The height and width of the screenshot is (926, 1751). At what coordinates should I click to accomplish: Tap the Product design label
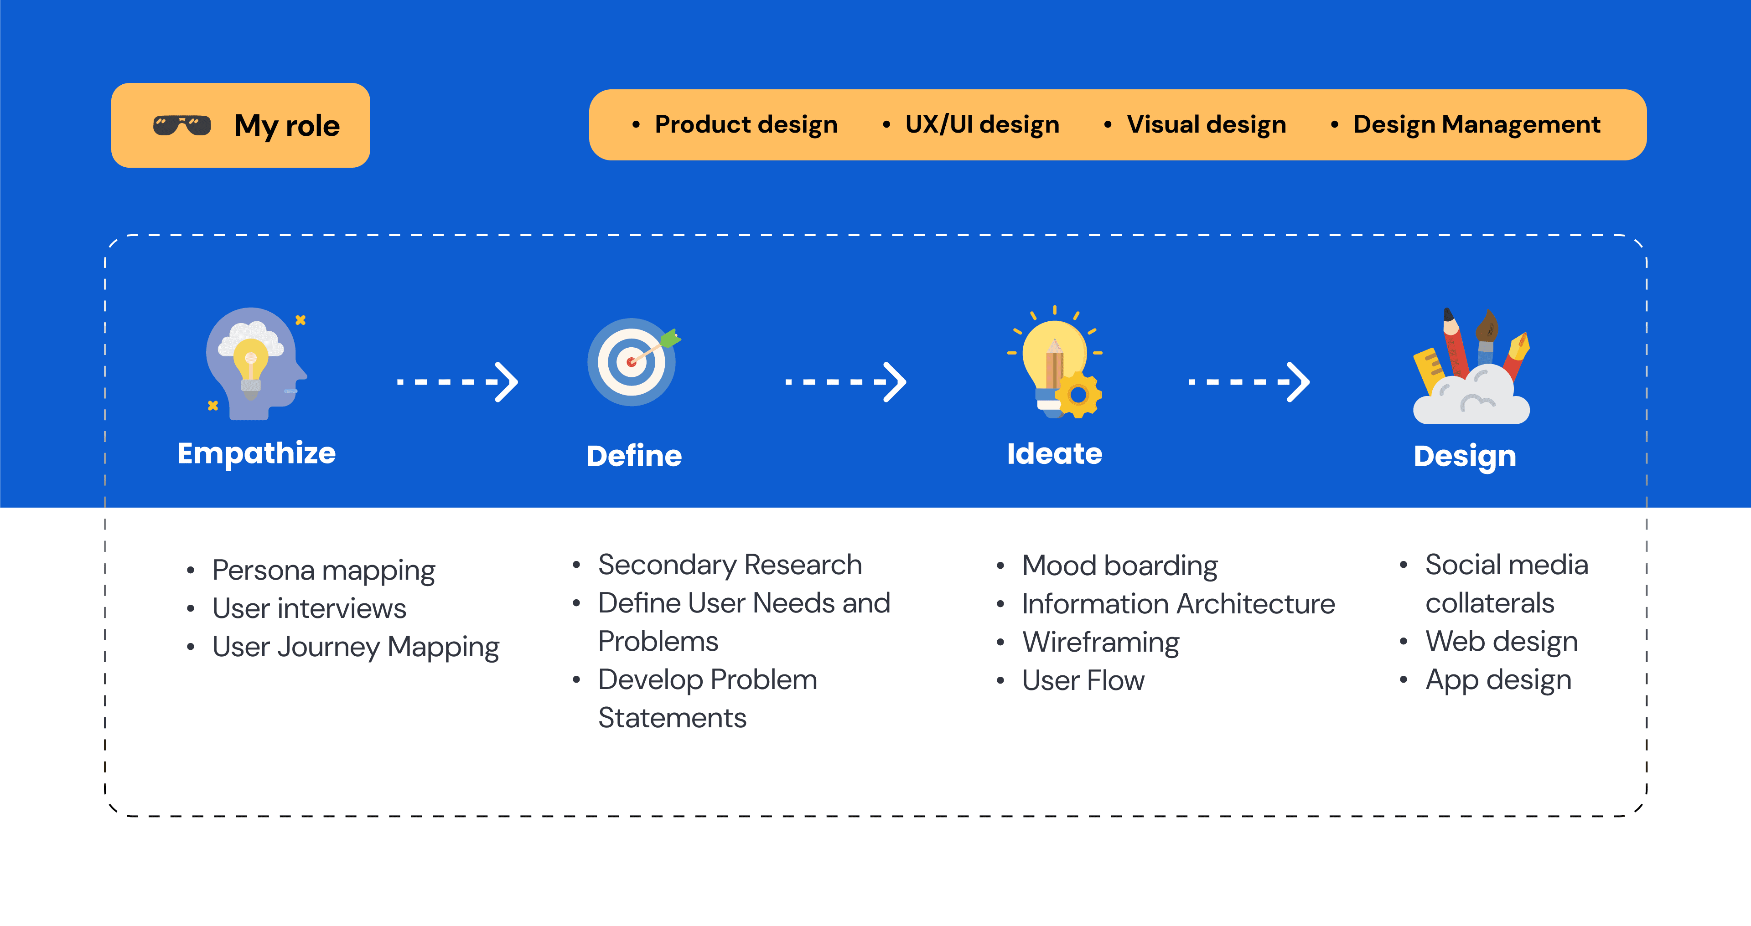point(746,125)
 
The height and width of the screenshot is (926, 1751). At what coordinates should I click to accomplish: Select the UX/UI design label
point(982,125)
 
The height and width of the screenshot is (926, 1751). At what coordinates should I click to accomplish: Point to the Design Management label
point(1476,125)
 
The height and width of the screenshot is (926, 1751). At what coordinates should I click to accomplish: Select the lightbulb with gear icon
point(1056,364)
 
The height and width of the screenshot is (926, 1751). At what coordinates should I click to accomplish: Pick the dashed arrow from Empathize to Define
point(457,382)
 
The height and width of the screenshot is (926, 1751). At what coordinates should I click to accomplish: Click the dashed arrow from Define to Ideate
point(845,382)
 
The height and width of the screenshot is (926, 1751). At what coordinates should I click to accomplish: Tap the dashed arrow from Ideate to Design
point(1248,382)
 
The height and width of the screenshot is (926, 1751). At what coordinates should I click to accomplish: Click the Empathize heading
point(256,453)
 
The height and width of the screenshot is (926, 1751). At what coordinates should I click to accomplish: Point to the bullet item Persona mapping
point(324,571)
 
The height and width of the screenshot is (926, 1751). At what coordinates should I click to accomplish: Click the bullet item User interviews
point(309,609)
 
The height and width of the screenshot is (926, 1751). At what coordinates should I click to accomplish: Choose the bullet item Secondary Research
point(730,565)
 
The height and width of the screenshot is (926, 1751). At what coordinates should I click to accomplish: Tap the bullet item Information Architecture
point(1178,604)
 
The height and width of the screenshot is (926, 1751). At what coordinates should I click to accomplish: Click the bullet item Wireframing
point(1100,643)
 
